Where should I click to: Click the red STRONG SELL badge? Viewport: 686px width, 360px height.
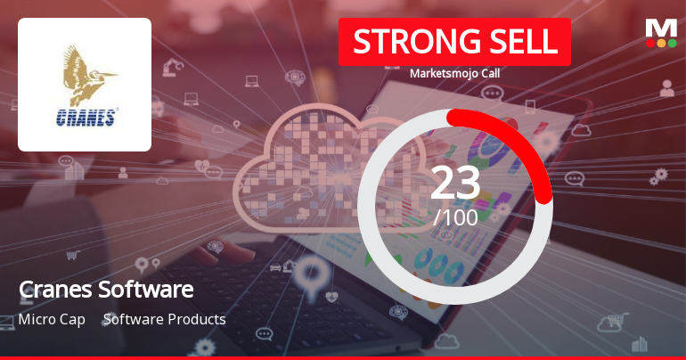454,42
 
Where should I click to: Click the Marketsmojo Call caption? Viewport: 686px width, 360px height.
454,73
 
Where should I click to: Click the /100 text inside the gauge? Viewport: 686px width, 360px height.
455,216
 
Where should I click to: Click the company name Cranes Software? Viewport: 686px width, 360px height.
106,290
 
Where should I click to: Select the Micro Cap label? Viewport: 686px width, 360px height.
52,319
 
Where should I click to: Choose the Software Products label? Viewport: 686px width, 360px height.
165,319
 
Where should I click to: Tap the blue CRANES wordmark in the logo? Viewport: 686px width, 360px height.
85,117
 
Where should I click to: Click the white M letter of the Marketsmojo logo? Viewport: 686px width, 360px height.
661,28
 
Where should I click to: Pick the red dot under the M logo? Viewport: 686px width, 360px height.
650,43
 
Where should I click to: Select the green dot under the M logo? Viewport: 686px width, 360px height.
672,43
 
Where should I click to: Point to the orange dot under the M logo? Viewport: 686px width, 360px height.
661,43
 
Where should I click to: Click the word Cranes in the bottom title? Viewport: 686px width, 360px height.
50,290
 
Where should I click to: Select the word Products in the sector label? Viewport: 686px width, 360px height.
194,319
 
